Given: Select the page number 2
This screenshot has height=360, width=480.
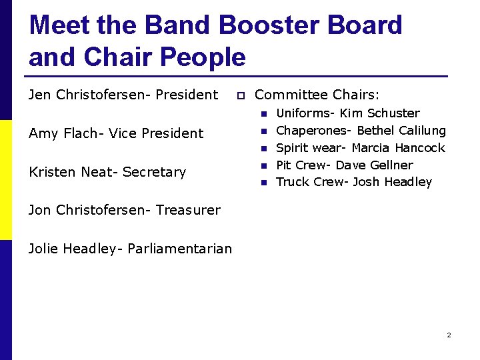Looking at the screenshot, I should (449, 335).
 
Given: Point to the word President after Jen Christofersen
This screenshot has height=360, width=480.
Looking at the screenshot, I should (187, 95).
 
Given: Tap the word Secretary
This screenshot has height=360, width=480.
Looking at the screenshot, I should (154, 172).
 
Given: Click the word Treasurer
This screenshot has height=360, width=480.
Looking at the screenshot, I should (188, 210).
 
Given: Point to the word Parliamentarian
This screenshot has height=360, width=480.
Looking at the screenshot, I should (179, 249).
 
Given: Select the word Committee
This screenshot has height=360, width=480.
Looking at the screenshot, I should (291, 95).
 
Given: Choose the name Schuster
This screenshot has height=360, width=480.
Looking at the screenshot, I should (393, 113).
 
